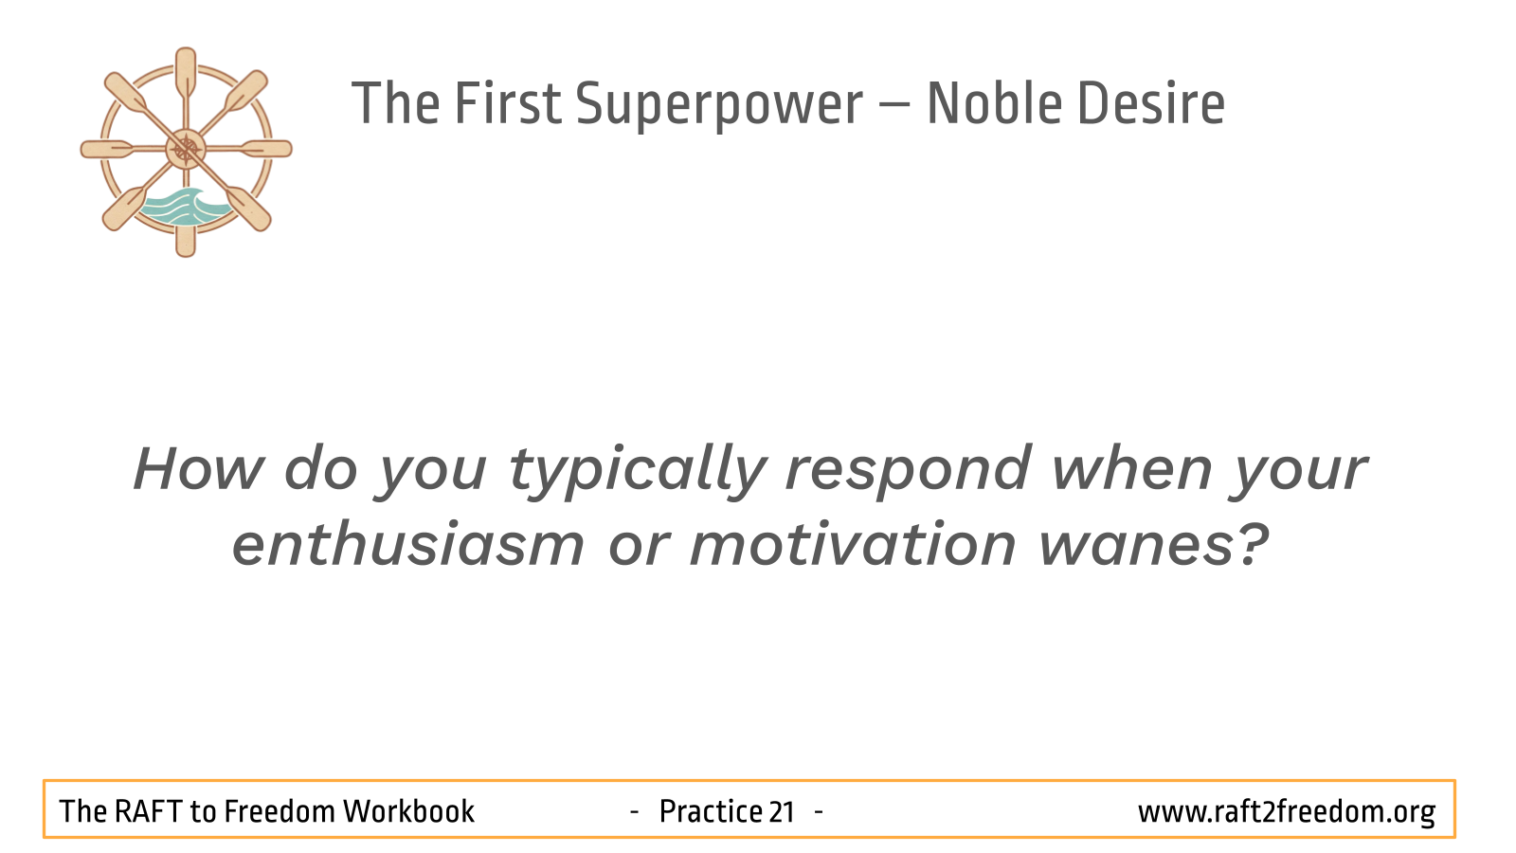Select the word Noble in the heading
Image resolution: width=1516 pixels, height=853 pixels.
pos(995,103)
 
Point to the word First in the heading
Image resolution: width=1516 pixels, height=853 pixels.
pos(508,103)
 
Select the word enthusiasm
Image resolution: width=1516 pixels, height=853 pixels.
pos(408,544)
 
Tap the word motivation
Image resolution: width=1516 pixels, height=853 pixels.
pos(853,544)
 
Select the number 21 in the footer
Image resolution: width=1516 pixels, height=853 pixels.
pos(781,811)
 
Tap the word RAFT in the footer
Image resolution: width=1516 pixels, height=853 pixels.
pos(148,811)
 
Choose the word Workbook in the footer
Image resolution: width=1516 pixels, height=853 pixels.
pos(408,811)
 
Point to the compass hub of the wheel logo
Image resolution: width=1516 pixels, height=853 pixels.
pos(186,149)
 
